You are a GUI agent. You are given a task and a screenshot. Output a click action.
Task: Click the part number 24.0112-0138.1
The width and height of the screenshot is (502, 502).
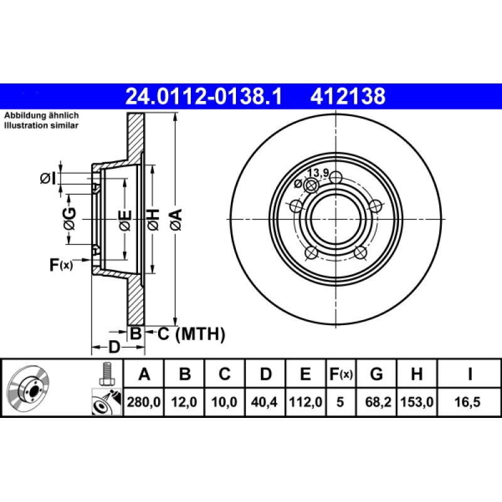(x=205, y=97)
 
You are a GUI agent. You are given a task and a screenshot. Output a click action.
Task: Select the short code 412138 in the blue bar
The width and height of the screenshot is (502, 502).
(x=346, y=97)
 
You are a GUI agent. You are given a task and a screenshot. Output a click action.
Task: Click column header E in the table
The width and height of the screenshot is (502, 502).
(x=305, y=375)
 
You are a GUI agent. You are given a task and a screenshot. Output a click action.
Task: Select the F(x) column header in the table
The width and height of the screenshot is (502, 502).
(x=341, y=375)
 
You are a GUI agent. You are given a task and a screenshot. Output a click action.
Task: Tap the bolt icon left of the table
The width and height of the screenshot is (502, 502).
(x=105, y=375)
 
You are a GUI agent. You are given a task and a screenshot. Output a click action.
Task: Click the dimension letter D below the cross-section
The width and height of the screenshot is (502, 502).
(x=114, y=346)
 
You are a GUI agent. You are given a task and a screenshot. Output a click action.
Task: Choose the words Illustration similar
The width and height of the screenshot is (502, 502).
(x=41, y=125)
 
